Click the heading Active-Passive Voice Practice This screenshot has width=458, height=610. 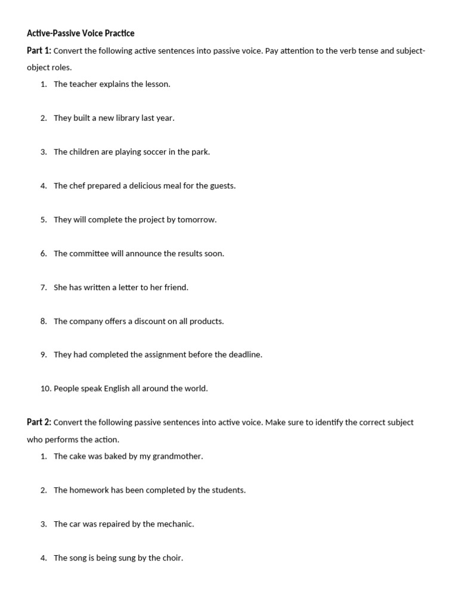pos(81,33)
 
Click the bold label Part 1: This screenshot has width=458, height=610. pos(39,51)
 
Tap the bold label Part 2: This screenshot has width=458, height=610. pos(39,422)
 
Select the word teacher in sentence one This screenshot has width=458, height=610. pos(83,84)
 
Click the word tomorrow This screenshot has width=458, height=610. pos(197,220)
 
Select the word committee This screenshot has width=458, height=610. pos(89,254)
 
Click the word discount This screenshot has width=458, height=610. pos(146,322)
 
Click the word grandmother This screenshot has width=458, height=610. pos(177,457)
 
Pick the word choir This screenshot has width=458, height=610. pos(171,559)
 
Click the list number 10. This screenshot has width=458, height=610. pos(46,389)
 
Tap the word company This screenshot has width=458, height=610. pos(87,322)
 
